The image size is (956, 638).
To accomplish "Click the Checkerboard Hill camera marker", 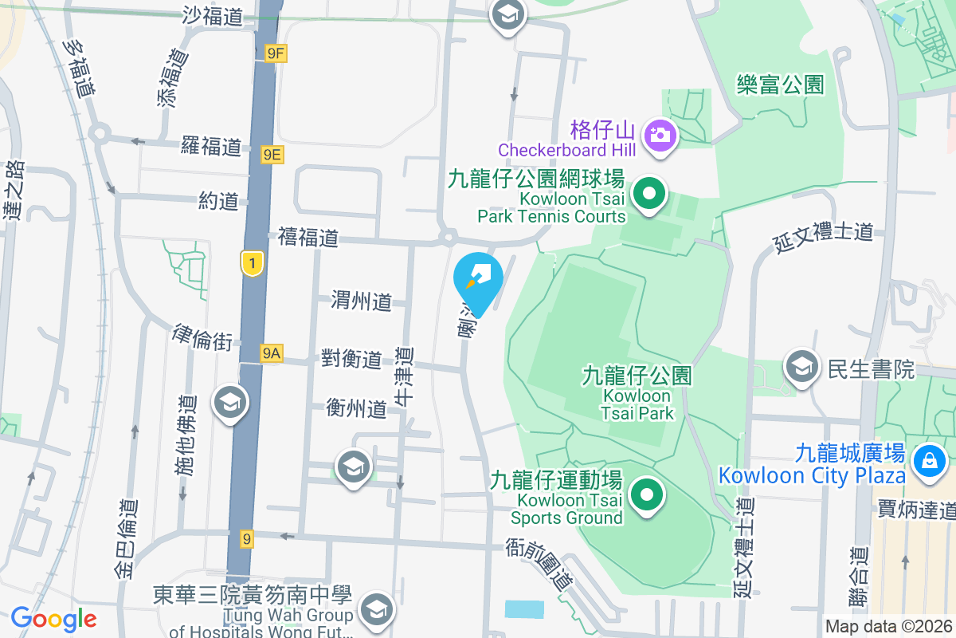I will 660,134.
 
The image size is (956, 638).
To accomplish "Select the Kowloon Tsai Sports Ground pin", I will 647,495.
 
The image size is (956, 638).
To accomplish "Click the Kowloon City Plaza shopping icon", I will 928,460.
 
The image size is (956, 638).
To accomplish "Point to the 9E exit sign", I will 272,154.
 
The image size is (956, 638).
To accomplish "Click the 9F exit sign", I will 276,53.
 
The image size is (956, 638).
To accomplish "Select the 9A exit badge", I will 272,352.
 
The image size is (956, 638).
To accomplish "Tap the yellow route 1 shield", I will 252,263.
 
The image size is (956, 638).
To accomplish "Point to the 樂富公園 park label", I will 780,84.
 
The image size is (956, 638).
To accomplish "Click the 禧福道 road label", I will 308,237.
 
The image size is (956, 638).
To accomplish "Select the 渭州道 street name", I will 362,301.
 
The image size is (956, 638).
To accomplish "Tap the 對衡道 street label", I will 351,359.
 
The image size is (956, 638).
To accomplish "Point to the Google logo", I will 53,619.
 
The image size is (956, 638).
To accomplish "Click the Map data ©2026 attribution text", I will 887,626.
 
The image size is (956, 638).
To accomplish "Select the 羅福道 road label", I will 211,146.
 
